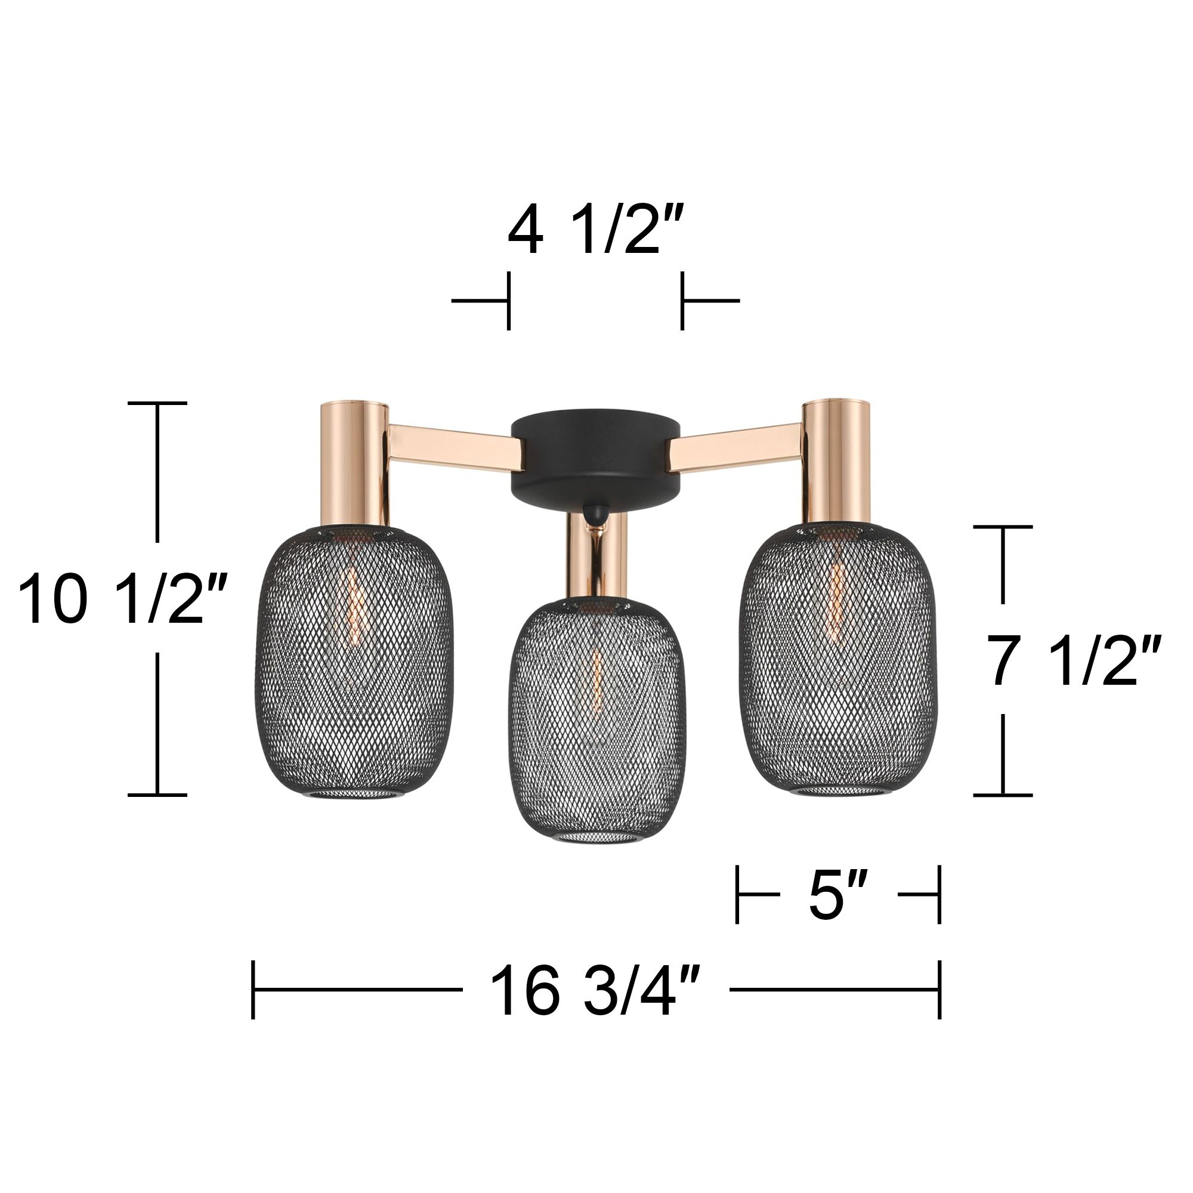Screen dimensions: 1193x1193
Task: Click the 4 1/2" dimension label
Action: pyautogui.click(x=596, y=233)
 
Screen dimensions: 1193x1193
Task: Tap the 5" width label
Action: pyautogui.click(x=838, y=894)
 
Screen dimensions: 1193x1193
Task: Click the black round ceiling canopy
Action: pyautogui.click(x=595, y=457)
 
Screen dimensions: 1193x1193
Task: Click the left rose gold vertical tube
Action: pyautogui.click(x=354, y=463)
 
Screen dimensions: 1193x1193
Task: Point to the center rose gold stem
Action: pyautogui.click(x=597, y=556)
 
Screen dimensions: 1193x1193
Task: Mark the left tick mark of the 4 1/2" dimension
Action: pyautogui.click(x=508, y=301)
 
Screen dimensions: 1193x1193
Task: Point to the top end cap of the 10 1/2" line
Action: pyautogui.click(x=157, y=403)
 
